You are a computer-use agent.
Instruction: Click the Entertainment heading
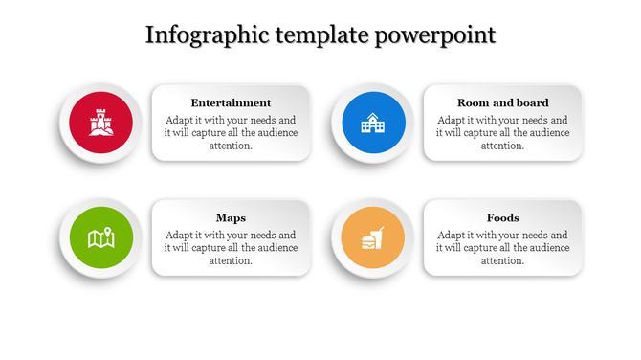[x=231, y=102]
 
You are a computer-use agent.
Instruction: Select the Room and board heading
[x=502, y=102]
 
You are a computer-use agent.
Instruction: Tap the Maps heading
[x=231, y=217]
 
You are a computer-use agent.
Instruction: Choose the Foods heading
[x=502, y=217]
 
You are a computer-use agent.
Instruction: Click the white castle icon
[x=99, y=122]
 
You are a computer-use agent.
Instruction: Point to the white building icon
[x=369, y=123]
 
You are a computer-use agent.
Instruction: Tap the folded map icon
[x=100, y=237]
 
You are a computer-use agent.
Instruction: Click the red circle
[x=78, y=107]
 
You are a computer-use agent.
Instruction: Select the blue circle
[x=350, y=107]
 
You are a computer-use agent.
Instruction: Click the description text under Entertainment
[x=231, y=133]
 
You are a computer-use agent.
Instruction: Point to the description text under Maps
[x=231, y=248]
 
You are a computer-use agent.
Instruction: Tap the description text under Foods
[x=502, y=248]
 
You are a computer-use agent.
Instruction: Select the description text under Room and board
[x=502, y=133]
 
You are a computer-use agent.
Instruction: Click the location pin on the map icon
[x=109, y=231]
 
